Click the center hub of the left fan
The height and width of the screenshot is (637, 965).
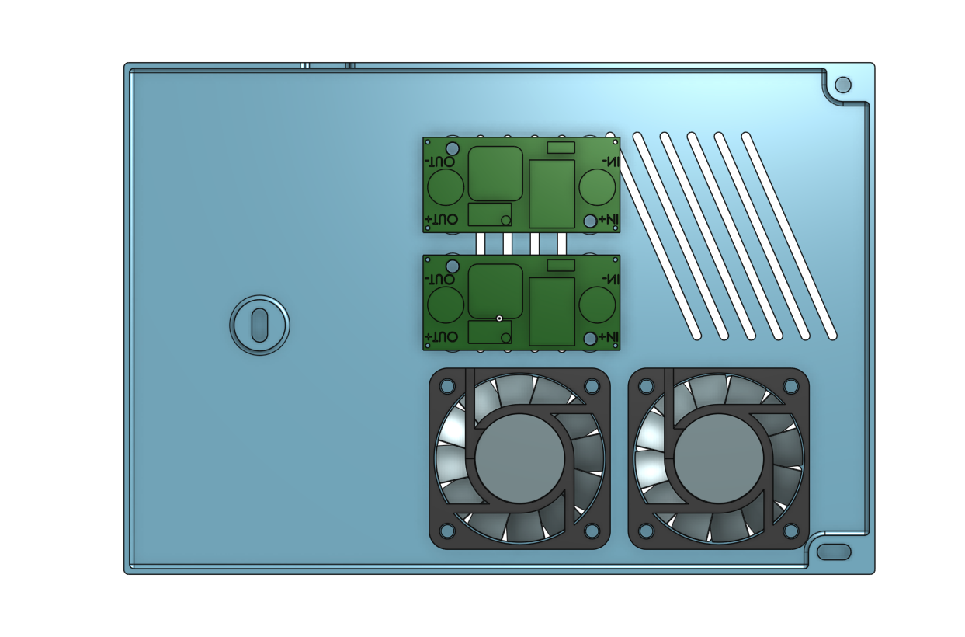519,458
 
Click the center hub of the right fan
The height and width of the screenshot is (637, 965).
719,458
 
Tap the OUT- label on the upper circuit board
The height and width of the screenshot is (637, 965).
440,162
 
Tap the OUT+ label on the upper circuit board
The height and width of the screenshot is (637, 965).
441,219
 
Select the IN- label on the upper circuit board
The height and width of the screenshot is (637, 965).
611,162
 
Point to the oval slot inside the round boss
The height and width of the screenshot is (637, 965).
259,325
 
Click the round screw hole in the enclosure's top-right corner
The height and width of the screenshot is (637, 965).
843,85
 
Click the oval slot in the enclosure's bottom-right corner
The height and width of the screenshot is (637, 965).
834,552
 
